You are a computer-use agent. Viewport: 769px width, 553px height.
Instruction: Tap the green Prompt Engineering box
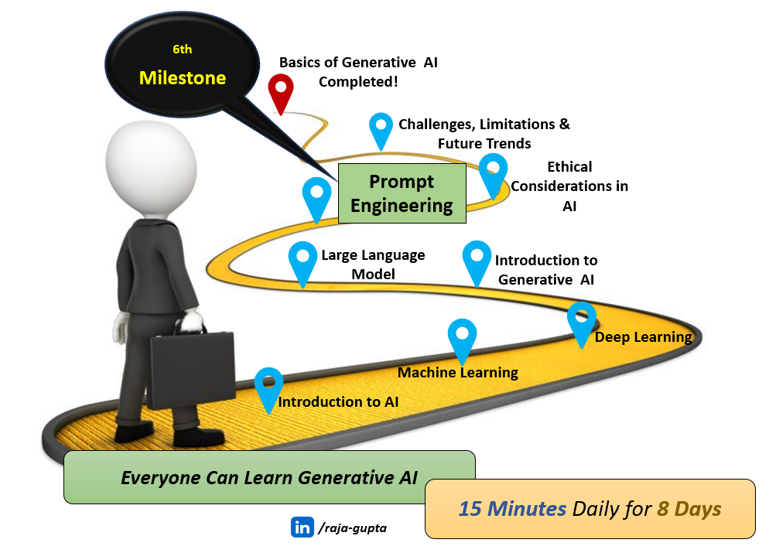click(402, 193)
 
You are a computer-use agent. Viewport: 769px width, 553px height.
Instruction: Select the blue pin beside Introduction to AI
click(268, 387)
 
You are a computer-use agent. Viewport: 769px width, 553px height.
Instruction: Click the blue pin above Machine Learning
click(462, 339)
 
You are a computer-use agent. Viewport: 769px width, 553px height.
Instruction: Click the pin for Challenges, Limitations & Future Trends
click(381, 128)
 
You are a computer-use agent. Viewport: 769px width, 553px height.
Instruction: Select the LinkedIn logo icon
click(302, 527)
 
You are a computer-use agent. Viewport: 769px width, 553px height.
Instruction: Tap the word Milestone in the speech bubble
click(183, 78)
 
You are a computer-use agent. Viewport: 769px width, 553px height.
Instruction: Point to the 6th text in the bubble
click(182, 49)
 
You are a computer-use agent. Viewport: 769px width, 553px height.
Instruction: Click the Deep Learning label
click(643, 337)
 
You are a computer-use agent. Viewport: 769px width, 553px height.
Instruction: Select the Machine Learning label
click(458, 373)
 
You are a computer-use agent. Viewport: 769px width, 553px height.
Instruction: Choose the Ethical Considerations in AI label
click(569, 186)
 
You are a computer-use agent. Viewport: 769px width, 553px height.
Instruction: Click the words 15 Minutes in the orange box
click(512, 509)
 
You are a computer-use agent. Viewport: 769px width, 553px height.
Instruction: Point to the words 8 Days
click(690, 509)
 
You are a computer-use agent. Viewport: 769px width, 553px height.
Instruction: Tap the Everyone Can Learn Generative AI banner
click(269, 478)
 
